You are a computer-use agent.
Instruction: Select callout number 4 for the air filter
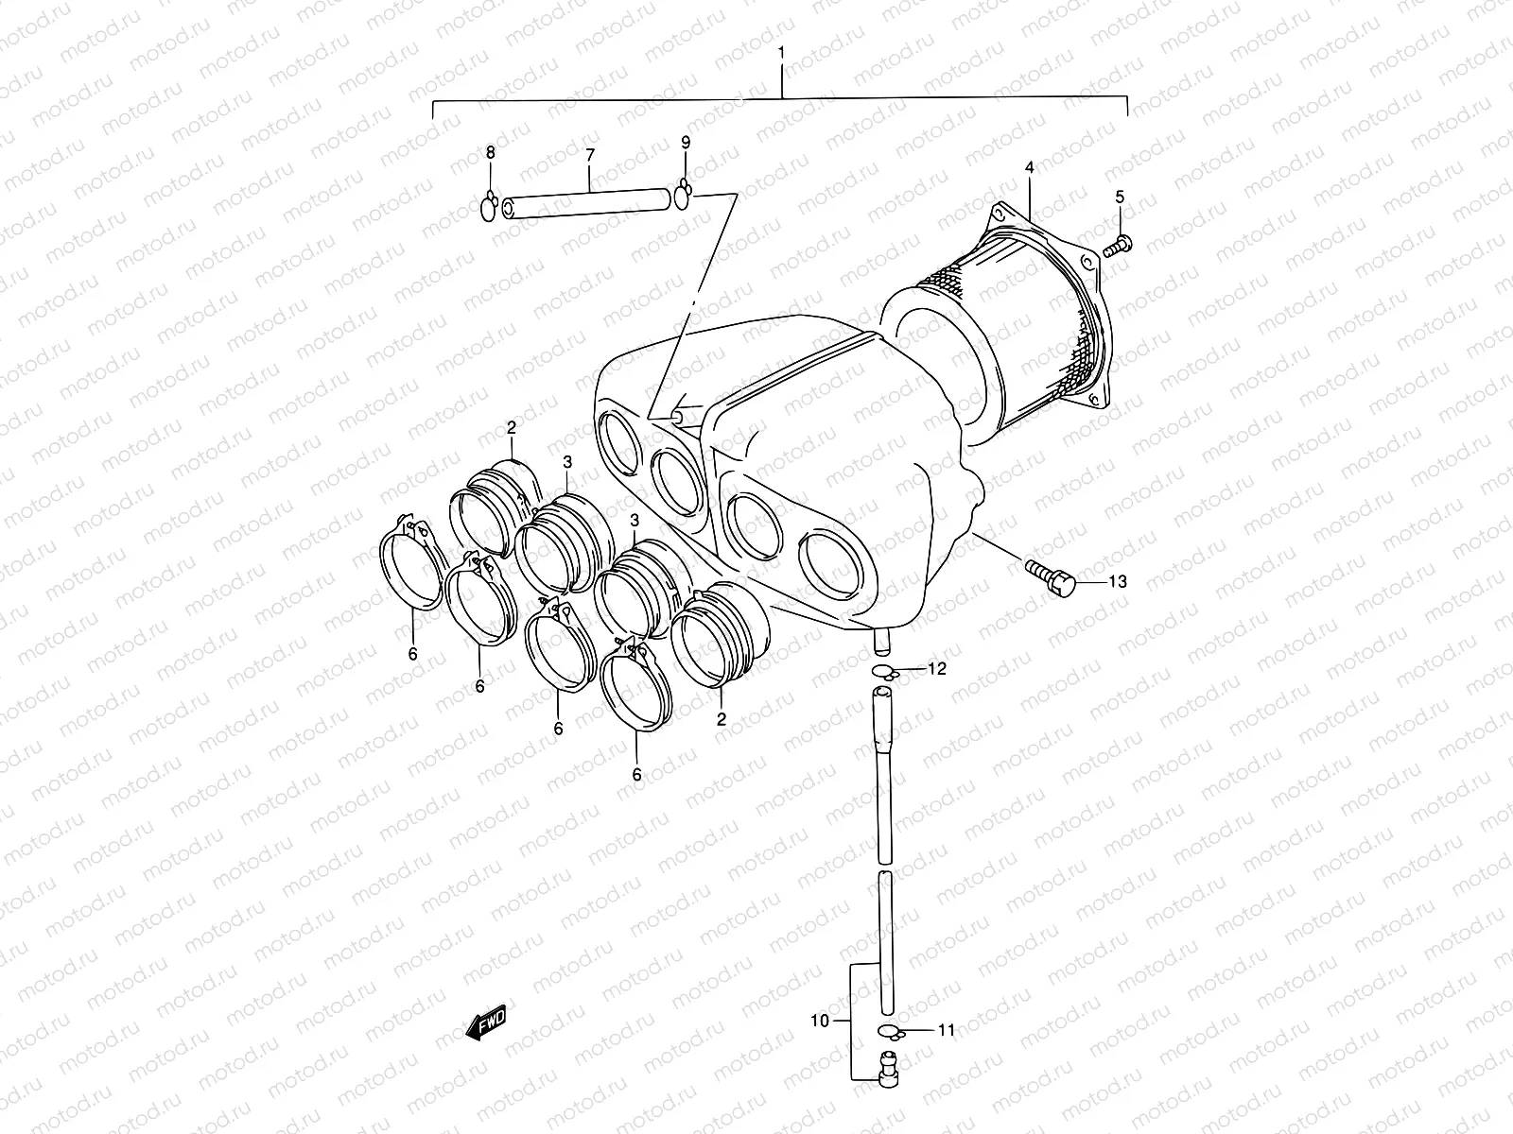coord(1029,168)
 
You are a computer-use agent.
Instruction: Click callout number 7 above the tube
coord(589,154)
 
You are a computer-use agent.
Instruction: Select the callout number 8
coord(490,153)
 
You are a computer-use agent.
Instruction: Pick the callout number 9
coord(686,143)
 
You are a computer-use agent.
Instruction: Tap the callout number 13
coord(1117,581)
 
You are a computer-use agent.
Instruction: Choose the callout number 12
coord(935,669)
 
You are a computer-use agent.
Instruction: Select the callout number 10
coord(819,1021)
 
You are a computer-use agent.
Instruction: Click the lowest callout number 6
coord(636,774)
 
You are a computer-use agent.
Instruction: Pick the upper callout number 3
coord(566,461)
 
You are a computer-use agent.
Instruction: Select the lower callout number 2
coord(721,719)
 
